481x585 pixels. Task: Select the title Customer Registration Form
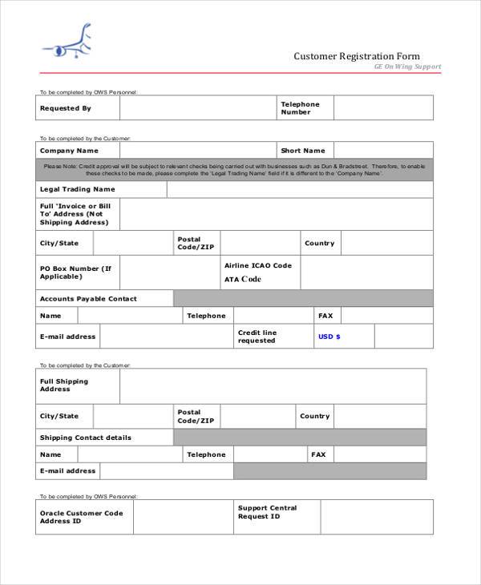(x=356, y=57)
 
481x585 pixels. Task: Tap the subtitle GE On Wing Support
(x=407, y=67)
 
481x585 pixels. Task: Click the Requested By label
(x=66, y=108)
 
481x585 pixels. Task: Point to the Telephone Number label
(x=300, y=108)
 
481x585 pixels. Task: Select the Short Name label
(x=303, y=151)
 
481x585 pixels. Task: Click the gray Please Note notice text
(x=234, y=170)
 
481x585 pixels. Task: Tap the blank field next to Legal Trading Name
(x=300, y=189)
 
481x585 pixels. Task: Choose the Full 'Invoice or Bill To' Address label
(x=75, y=214)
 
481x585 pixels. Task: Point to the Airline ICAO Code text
(x=258, y=265)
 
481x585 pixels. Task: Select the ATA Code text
(x=243, y=280)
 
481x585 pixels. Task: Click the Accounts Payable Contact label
(x=88, y=299)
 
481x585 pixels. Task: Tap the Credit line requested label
(x=257, y=337)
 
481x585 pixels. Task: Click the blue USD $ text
(x=329, y=337)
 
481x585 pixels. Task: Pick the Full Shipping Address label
(x=65, y=385)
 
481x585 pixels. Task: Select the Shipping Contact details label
(x=86, y=438)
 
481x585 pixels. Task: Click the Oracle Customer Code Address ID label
(x=82, y=517)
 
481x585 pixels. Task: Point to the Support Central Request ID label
(x=267, y=512)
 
